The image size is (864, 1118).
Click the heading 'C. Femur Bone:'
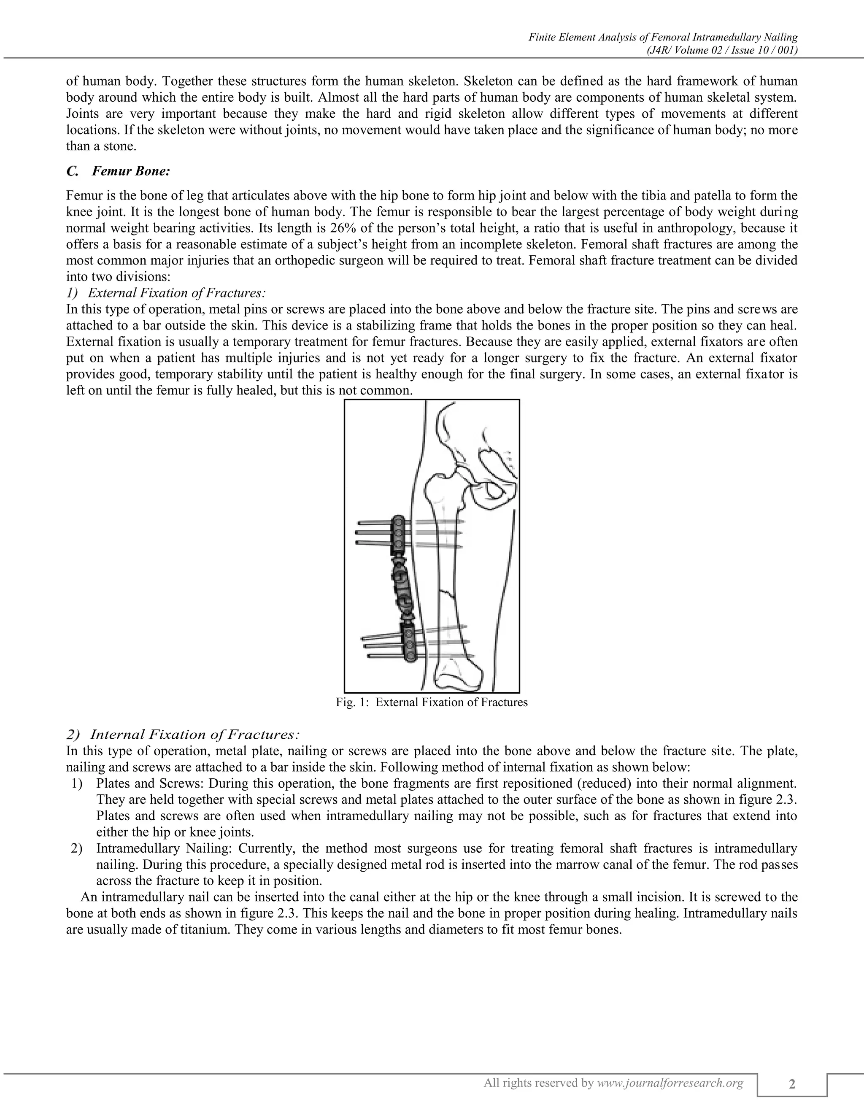click(118, 171)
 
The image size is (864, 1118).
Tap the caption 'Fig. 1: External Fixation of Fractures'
click(432, 702)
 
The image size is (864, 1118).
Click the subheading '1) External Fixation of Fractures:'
click(166, 293)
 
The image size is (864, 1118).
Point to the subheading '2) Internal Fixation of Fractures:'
click(183, 735)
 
